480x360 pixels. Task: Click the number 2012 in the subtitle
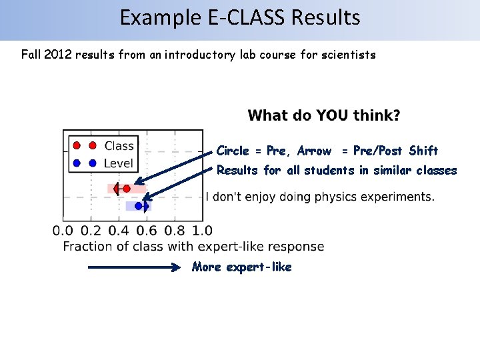pyautogui.click(x=61, y=55)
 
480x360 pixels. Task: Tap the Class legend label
pyautogui.click(x=119, y=146)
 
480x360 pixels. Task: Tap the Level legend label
pyautogui.click(x=119, y=163)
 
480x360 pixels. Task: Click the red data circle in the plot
pyautogui.click(x=126, y=189)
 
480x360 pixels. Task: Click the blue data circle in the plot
pyautogui.click(x=138, y=206)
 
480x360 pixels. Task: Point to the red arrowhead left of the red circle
pyautogui.click(x=117, y=189)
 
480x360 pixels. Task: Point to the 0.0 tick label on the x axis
pyautogui.click(x=63, y=231)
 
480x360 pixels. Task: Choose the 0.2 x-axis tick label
pyautogui.click(x=91, y=231)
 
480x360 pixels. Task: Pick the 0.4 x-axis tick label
pyautogui.click(x=119, y=231)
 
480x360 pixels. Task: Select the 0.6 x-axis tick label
pyautogui.click(x=147, y=231)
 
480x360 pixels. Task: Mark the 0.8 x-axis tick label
pyautogui.click(x=175, y=231)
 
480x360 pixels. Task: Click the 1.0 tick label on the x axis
pyautogui.click(x=202, y=231)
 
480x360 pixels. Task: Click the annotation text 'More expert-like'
pyautogui.click(x=242, y=267)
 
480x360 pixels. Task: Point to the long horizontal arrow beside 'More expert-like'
pyautogui.click(x=133, y=268)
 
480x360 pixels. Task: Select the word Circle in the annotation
pyautogui.click(x=233, y=151)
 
